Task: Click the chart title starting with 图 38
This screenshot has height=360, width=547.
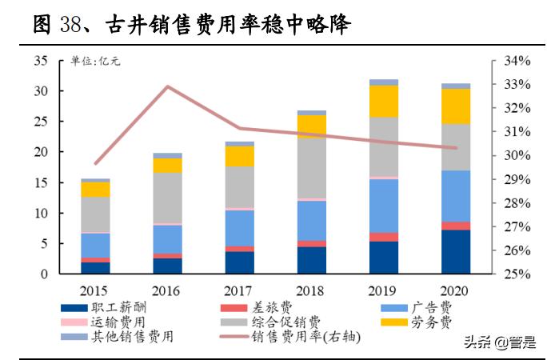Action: coord(192,24)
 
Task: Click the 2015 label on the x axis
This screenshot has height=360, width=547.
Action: coord(95,288)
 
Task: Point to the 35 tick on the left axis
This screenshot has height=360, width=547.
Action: coord(42,61)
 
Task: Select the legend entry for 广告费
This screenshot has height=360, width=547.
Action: coord(437,307)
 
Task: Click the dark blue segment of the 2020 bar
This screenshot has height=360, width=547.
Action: coord(456,252)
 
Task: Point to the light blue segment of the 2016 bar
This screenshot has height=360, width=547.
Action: coord(168,238)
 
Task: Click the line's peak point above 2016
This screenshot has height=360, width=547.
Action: coord(168,86)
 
